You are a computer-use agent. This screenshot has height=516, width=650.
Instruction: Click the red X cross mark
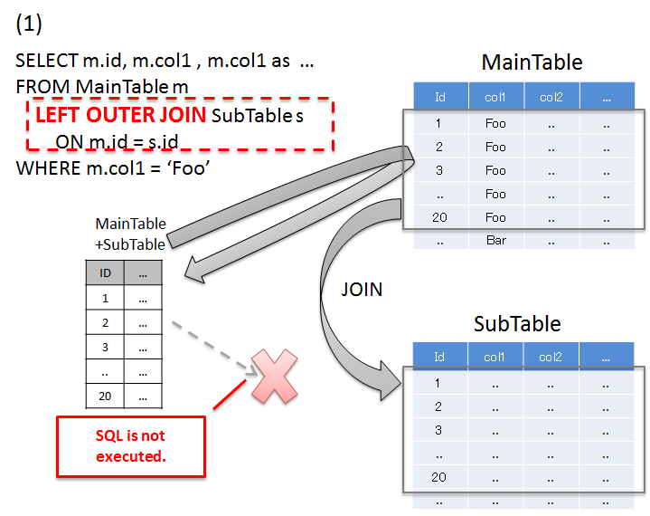275,377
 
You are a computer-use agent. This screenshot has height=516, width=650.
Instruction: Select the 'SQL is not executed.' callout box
131,446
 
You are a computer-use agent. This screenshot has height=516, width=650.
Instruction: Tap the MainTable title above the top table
532,62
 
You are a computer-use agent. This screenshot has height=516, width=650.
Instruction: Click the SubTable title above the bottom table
517,323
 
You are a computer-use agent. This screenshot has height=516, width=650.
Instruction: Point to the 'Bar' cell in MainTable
495,241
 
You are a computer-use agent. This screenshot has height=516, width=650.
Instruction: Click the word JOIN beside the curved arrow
362,290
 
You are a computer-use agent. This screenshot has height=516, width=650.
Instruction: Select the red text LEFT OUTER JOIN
120,117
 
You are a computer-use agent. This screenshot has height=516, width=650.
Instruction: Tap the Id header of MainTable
440,97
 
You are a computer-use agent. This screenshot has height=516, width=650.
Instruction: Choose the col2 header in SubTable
551,357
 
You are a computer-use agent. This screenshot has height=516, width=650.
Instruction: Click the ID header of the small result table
104,272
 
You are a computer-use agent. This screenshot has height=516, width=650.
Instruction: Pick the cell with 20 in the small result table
104,396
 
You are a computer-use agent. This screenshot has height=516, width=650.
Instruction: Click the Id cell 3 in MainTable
438,170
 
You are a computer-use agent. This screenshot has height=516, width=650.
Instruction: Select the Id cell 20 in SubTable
438,477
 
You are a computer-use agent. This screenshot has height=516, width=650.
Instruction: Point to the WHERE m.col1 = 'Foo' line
107,167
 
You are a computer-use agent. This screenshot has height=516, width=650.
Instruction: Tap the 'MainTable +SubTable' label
130,234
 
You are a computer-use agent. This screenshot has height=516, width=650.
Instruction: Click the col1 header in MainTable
495,97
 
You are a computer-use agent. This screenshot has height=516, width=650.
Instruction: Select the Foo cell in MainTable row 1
495,123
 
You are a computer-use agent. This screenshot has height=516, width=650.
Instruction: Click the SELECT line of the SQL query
165,62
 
